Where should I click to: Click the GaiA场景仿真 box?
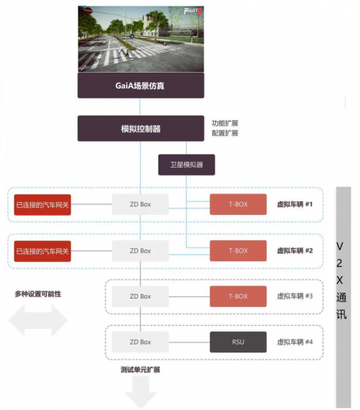pyautogui.click(x=141, y=86)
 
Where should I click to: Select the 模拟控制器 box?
pyautogui.click(x=141, y=128)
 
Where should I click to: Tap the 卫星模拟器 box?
pyautogui.click(x=186, y=165)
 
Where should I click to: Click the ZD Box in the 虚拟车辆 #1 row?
pyautogui.click(x=140, y=204)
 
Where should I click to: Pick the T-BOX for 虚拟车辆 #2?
pyautogui.click(x=238, y=251)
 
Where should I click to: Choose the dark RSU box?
pyautogui.click(x=238, y=342)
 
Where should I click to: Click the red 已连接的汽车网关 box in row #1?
pyautogui.click(x=42, y=205)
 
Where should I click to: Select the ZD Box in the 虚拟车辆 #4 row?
pyautogui.click(x=140, y=342)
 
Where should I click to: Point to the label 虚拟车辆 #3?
pyautogui.click(x=294, y=296)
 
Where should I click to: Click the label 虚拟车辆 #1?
pyautogui.click(x=294, y=204)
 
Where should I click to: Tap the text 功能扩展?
pyautogui.click(x=225, y=123)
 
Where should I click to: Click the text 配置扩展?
pyautogui.click(x=225, y=133)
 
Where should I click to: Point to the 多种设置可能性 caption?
pyautogui.click(x=38, y=294)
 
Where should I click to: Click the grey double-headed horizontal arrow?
pyautogui.click(x=38, y=320)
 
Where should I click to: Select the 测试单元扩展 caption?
pyautogui.click(x=140, y=370)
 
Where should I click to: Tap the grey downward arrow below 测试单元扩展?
pyautogui.click(x=141, y=392)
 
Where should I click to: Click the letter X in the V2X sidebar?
pyautogui.click(x=340, y=281)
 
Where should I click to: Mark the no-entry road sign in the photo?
pyautogui.click(x=89, y=11)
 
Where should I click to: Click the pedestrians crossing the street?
pyautogui.click(x=124, y=51)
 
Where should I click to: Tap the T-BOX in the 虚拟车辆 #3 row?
pyautogui.click(x=238, y=296)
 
